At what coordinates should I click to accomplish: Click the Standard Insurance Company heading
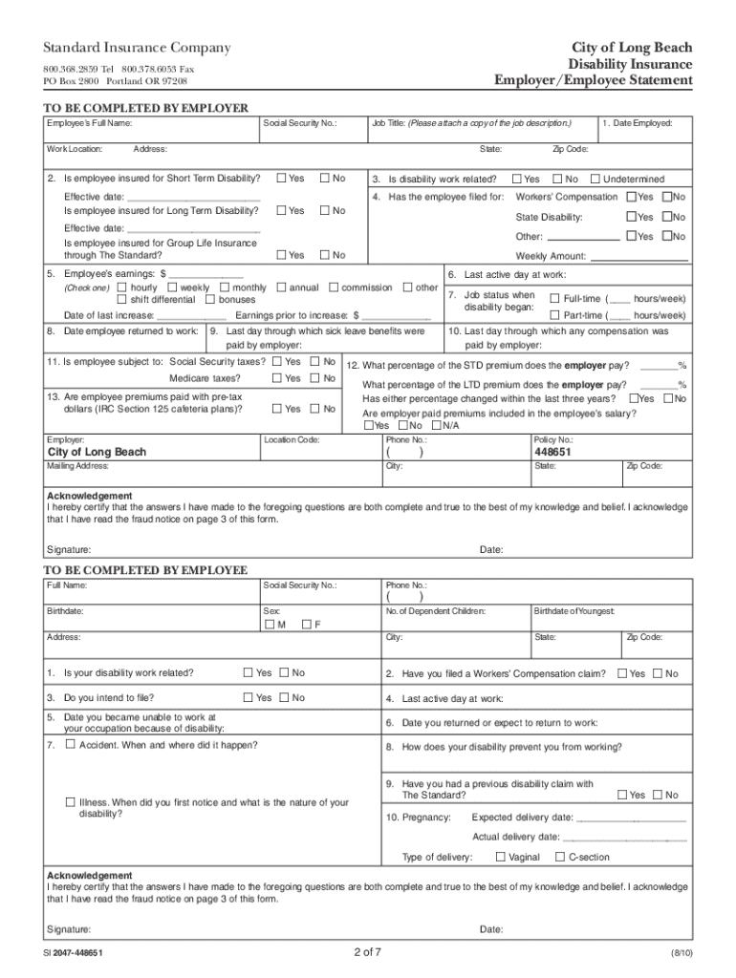point(135,48)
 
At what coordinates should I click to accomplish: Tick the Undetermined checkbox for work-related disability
point(595,179)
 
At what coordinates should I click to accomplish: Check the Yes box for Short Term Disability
point(281,179)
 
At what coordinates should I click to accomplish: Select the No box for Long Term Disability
point(325,210)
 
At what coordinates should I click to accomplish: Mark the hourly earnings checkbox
point(122,287)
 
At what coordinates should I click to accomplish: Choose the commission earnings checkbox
point(334,287)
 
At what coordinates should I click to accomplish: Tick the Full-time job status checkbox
point(554,298)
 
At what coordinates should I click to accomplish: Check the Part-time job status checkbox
point(554,315)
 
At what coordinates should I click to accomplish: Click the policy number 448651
point(553,452)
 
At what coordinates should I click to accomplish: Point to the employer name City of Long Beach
point(97,452)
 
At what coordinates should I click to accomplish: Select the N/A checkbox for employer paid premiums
point(437,426)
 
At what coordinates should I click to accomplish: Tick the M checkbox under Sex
point(269,624)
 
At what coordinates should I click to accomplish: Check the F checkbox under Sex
point(306,624)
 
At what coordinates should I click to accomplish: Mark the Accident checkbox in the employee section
point(70,744)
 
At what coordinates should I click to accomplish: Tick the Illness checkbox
point(70,802)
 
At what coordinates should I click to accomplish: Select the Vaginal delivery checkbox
point(501,857)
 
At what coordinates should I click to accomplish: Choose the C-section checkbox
point(560,857)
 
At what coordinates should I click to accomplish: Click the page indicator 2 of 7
point(368,952)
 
